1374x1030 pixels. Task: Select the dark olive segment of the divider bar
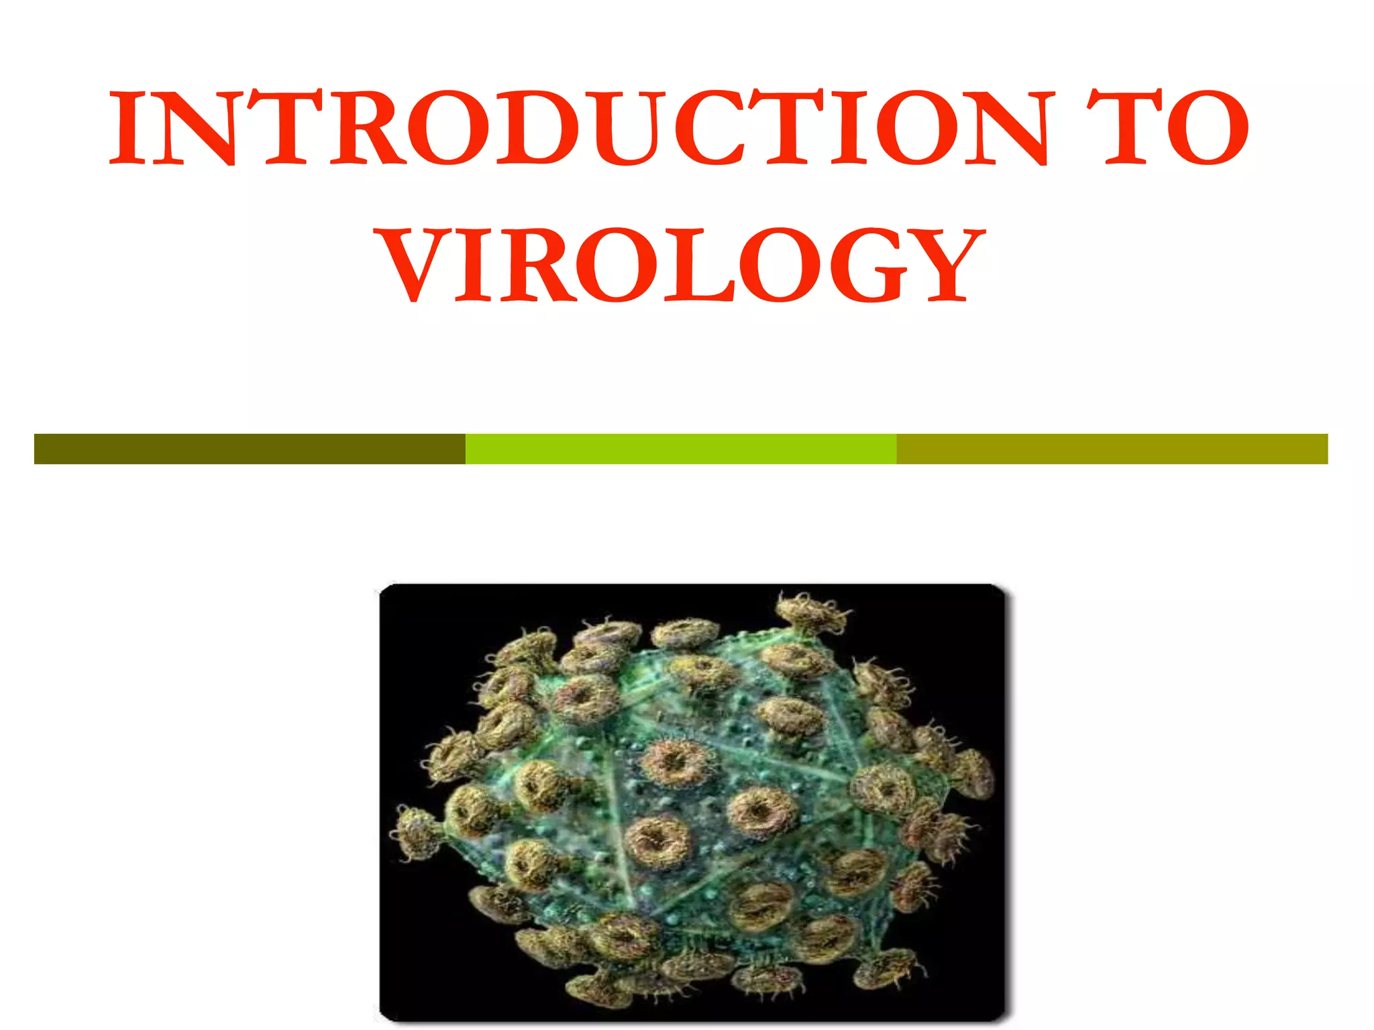pos(250,449)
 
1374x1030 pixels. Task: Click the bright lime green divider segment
pos(681,449)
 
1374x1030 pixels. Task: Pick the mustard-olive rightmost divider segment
pos(1112,449)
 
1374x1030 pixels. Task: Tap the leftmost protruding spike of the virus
pos(416,832)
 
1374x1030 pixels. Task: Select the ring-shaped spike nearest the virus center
pos(674,761)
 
